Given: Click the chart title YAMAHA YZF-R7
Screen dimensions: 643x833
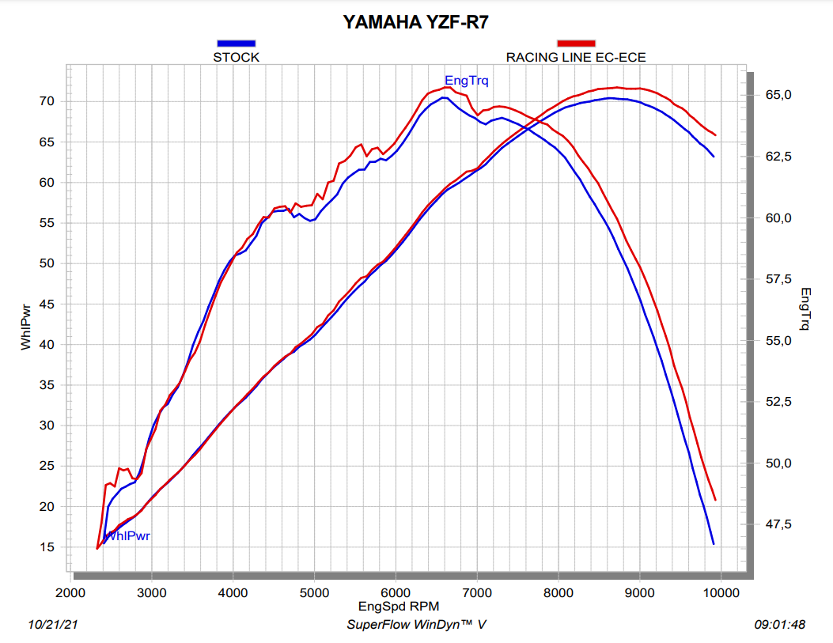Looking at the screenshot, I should (415, 21).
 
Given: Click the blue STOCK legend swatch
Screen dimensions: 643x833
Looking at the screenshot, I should (236, 43).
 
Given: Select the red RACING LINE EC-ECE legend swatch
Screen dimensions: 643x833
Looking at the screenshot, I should (576, 43).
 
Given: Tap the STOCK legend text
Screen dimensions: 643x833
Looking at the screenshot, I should (236, 57).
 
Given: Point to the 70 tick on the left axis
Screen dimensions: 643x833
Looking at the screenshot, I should (47, 101).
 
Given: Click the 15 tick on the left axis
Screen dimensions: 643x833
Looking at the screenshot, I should (47, 547).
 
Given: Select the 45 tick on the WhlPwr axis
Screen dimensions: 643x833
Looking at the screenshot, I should (47, 304).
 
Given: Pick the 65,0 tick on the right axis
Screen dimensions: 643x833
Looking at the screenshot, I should (776, 95).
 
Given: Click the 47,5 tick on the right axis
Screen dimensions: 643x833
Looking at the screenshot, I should (776, 524).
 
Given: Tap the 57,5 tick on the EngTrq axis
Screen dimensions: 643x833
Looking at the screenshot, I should (776, 279).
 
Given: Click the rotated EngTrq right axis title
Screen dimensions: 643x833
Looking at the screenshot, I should (805, 308).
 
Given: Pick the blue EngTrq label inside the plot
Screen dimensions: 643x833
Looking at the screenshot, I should (467, 80).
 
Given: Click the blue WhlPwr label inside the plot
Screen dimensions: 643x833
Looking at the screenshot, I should (128, 536).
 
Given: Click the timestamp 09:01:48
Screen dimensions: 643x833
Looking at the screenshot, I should (779, 625).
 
